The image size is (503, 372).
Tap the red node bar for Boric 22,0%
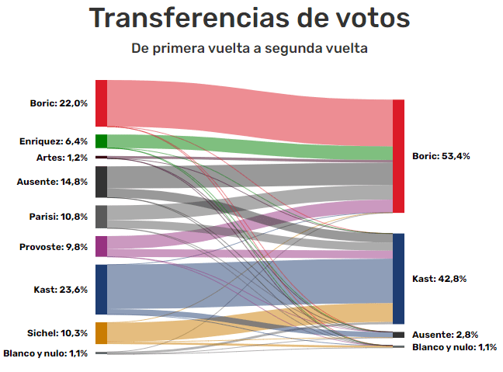[101, 103]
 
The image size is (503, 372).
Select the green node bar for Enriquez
[101, 141]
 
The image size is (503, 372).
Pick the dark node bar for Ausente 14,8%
[101, 182]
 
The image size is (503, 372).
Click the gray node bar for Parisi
[101, 217]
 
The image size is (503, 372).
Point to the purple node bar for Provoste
[101, 246]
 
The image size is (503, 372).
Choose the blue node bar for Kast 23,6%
[101, 289]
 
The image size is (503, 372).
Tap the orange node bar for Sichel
[101, 333]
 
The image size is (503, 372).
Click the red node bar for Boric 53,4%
[398, 156]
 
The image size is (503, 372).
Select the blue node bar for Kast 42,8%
[398, 278]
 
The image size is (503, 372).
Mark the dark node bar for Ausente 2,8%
[398, 335]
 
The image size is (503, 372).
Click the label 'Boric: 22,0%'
[59, 103]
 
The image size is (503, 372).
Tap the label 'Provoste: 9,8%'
[54, 247]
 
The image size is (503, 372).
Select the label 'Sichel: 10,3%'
[57, 333]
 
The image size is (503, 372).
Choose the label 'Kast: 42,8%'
[439, 279]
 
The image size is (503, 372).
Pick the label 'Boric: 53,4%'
[441, 156]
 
